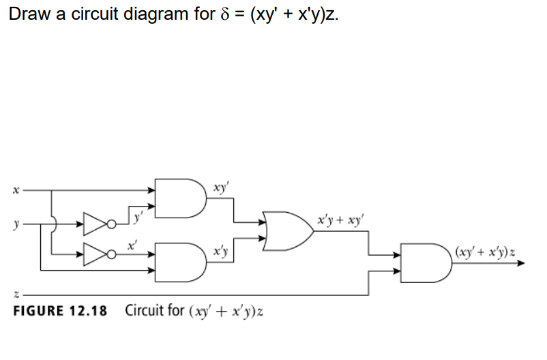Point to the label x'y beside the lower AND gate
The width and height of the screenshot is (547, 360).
click(x=220, y=252)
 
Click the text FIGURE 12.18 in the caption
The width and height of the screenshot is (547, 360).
click(x=61, y=311)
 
